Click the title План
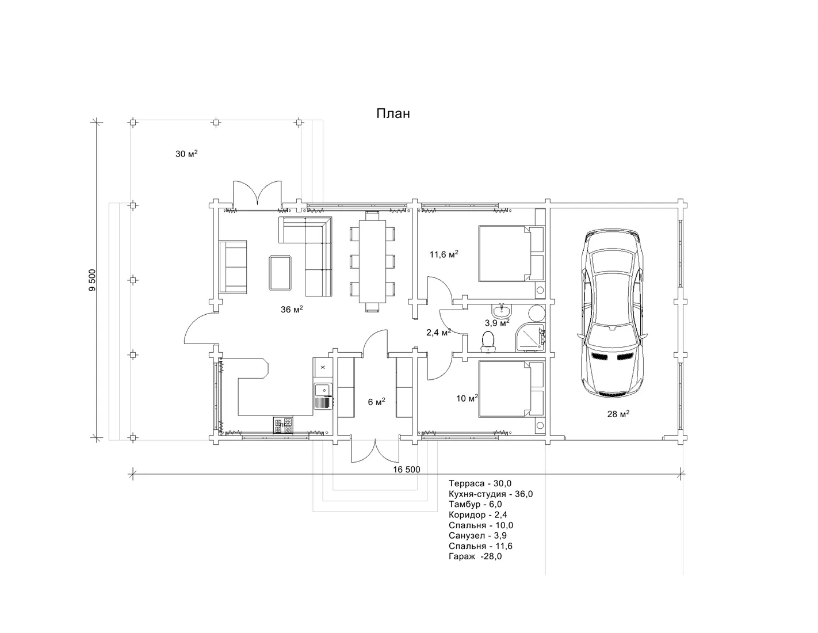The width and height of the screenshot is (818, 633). pyautogui.click(x=393, y=113)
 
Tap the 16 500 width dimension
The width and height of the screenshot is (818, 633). pyautogui.click(x=407, y=469)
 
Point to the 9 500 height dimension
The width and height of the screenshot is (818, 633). pyautogui.click(x=92, y=280)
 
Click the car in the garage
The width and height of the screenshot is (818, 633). pyautogui.click(x=612, y=313)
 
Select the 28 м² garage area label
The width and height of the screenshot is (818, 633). pyautogui.click(x=618, y=414)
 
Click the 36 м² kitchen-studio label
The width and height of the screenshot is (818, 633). pyautogui.click(x=292, y=309)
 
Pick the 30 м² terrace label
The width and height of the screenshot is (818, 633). pyautogui.click(x=186, y=154)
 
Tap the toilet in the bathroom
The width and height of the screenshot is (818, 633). pyautogui.click(x=488, y=341)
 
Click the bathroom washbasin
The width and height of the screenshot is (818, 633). pyautogui.click(x=501, y=311)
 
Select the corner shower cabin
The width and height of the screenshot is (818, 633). pyautogui.click(x=530, y=337)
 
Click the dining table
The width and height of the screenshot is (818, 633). pyautogui.click(x=372, y=261)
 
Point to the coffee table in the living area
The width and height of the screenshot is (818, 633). pyautogui.click(x=280, y=273)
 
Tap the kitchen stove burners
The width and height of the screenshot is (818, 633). pyautogui.click(x=283, y=425)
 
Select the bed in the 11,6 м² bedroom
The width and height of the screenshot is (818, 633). pyautogui.click(x=511, y=253)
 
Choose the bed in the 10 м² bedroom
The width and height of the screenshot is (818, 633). pyautogui.click(x=511, y=389)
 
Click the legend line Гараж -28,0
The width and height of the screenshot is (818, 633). pyautogui.click(x=475, y=556)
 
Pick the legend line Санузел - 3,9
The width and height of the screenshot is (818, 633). pyautogui.click(x=477, y=535)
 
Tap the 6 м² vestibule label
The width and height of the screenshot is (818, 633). pyautogui.click(x=376, y=402)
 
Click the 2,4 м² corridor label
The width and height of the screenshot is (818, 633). pyautogui.click(x=438, y=333)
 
